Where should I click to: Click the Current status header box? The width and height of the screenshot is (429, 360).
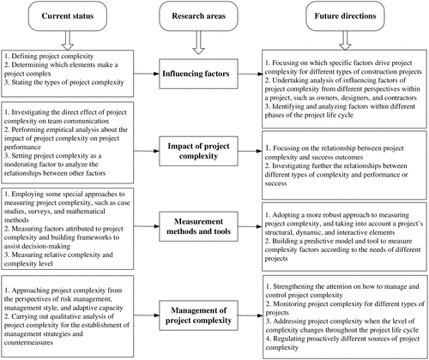point(68,16)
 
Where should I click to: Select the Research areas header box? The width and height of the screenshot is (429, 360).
point(198,16)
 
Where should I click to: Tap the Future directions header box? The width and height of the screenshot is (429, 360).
point(345,16)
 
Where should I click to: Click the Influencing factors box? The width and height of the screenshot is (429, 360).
point(198,74)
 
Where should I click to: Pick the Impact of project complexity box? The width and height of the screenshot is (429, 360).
point(198,151)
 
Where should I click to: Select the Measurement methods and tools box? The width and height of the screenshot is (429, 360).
point(198,226)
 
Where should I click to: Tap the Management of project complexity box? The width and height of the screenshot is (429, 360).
point(198,315)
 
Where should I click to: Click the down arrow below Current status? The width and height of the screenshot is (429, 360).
point(68,40)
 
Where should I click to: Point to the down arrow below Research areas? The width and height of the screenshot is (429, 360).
point(198,42)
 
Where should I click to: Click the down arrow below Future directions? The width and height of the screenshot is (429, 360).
point(345,40)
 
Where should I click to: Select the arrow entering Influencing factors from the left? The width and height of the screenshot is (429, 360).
point(147,74)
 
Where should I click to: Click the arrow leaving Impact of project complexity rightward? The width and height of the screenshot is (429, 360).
point(251,151)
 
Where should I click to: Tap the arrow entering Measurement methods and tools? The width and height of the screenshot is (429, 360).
point(147,226)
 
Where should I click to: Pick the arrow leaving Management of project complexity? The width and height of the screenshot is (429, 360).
point(251,315)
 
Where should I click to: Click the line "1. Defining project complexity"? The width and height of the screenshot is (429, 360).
point(49,56)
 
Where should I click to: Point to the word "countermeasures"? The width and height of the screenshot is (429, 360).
point(28,343)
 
